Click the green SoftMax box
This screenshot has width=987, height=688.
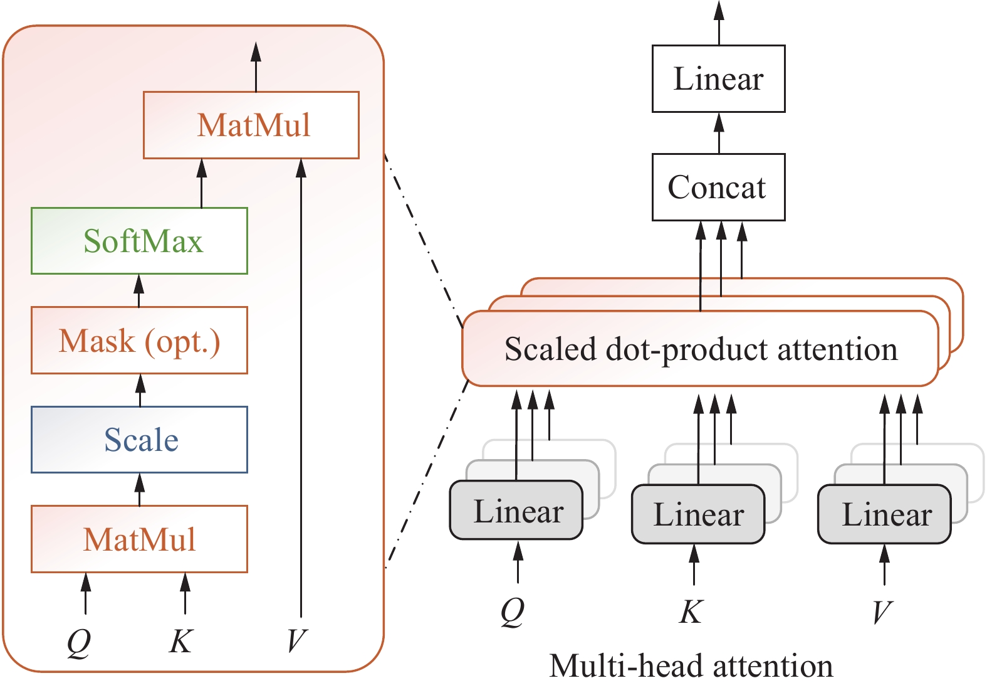click(139, 241)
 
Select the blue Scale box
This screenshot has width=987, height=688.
click(139, 439)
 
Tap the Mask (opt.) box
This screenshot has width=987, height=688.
click(139, 341)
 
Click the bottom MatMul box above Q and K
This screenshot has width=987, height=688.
click(139, 539)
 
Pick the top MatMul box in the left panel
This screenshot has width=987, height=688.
click(251, 125)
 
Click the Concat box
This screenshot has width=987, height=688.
click(718, 187)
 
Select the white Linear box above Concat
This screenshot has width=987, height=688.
click(718, 78)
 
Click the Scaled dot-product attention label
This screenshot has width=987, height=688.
click(701, 349)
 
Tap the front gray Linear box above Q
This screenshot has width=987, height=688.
click(516, 511)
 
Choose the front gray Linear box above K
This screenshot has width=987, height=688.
click(698, 514)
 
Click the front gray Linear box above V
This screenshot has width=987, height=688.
click(884, 514)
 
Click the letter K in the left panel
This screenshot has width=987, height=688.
click(180, 641)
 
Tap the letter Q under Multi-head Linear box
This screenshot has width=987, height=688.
click(513, 611)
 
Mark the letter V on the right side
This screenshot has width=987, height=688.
click(882, 611)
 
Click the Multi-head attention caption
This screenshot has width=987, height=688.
click(691, 666)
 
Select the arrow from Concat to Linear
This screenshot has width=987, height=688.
click(719, 133)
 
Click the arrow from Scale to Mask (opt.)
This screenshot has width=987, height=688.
click(140, 390)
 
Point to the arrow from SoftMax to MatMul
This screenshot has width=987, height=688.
click(201, 183)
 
